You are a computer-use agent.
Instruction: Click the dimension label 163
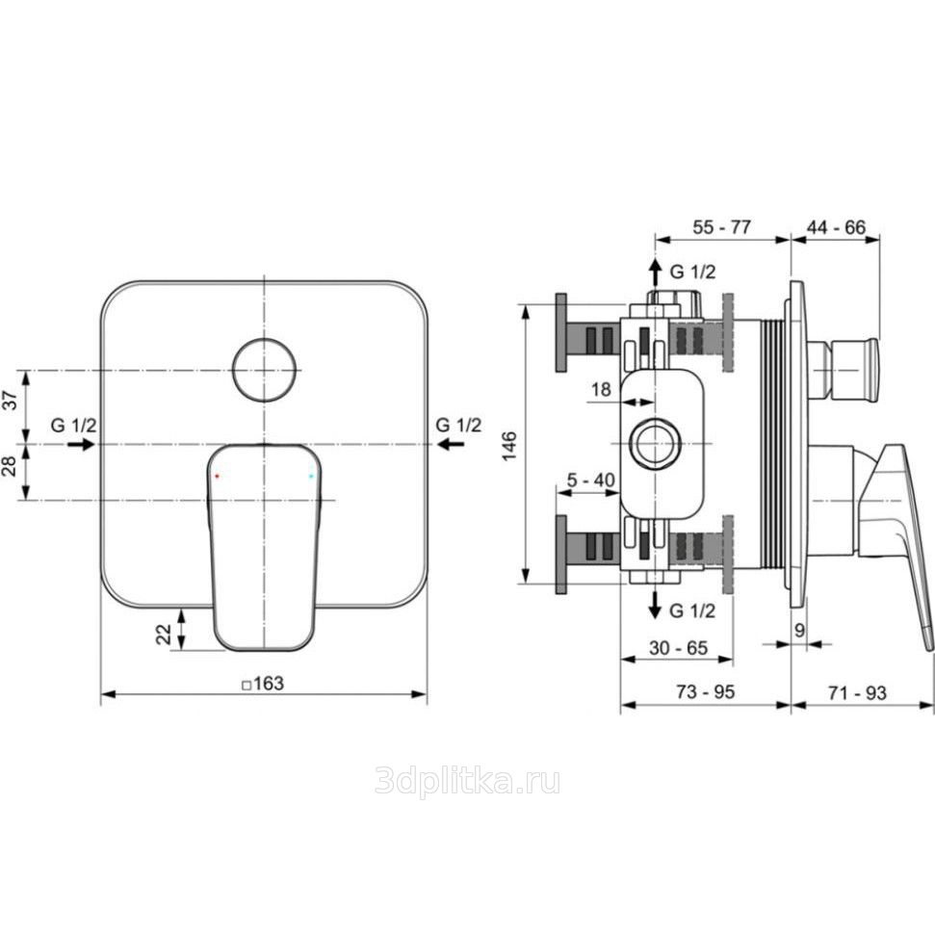pos(269,683)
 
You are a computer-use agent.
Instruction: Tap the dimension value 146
pos(509,446)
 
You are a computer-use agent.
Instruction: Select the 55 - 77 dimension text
pos(721,227)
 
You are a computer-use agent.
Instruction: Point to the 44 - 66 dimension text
pos(836,227)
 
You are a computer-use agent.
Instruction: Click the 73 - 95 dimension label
pos(706,691)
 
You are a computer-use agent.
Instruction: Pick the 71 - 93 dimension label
pos(857,692)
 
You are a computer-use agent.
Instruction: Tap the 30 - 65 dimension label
pos(679,647)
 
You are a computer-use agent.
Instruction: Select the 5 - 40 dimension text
pos(590,480)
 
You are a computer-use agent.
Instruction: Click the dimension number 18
pos(601,389)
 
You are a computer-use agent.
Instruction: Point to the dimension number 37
pos(11,400)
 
